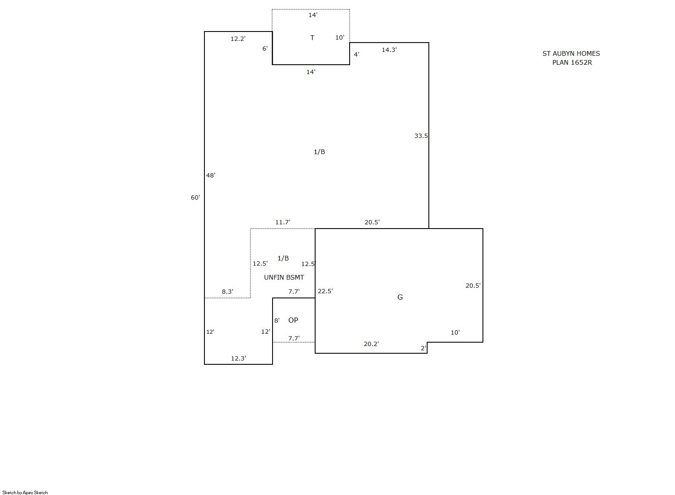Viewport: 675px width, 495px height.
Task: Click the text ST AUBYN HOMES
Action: [x=571, y=54]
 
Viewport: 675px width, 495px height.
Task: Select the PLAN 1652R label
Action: [x=572, y=63]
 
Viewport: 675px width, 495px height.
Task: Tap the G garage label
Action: [x=400, y=297]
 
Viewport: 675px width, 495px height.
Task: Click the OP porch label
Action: [x=293, y=320]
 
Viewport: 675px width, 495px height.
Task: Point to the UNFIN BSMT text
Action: [x=284, y=278]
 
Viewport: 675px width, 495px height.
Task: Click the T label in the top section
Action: [x=312, y=37]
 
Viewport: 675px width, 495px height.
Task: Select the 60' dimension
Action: [x=195, y=197]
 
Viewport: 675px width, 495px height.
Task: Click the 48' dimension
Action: [x=211, y=175]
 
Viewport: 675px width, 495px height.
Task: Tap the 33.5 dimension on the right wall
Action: [x=421, y=136]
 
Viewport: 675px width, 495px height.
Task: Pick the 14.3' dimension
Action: [x=389, y=50]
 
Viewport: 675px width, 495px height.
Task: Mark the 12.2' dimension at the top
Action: [x=238, y=39]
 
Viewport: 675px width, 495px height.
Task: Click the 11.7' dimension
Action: [x=283, y=222]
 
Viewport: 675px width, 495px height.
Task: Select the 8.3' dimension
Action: [x=227, y=292]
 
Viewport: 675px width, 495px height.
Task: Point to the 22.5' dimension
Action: [x=325, y=291]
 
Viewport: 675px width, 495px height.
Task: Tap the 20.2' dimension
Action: [x=371, y=344]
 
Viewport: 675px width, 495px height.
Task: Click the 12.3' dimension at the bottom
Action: [x=238, y=358]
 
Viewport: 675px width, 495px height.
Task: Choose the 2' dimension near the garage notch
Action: [x=423, y=348]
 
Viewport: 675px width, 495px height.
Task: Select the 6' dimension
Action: [x=265, y=49]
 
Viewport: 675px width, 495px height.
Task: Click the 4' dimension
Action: [x=356, y=54]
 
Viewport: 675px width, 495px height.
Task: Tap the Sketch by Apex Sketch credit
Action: [x=25, y=492]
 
